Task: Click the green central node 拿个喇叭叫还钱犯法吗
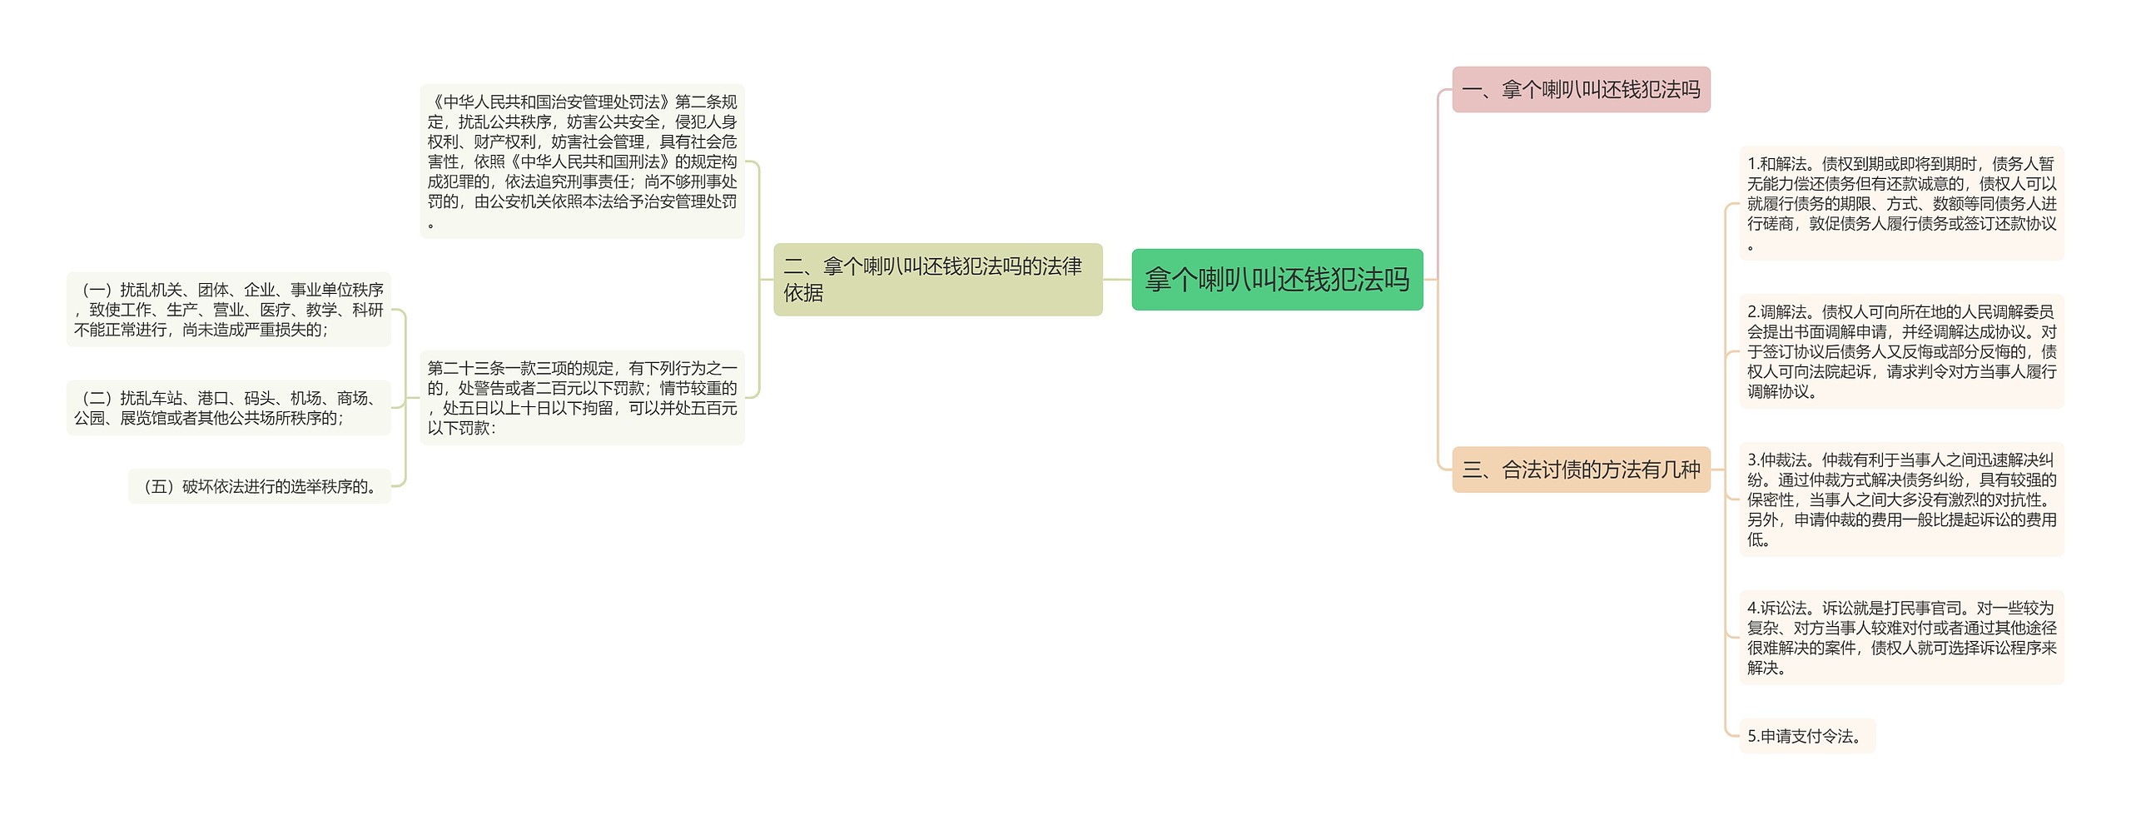1277,280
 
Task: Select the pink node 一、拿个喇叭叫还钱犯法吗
1581,90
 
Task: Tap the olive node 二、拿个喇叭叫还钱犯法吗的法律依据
937,280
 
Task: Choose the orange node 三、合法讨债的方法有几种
1581,470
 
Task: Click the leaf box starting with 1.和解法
1901,203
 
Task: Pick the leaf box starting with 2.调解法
1901,351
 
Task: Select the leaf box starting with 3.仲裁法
1901,499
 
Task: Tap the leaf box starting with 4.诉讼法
1901,638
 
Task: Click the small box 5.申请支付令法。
1806,736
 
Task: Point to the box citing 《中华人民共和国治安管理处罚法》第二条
582,162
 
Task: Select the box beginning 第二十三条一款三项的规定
582,398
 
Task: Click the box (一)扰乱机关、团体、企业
228,310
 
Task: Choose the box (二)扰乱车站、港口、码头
228,408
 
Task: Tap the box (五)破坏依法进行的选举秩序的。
260,486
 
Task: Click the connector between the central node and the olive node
1117,280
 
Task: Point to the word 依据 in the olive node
803,293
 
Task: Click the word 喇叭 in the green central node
1224,280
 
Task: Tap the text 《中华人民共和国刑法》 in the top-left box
590,162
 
